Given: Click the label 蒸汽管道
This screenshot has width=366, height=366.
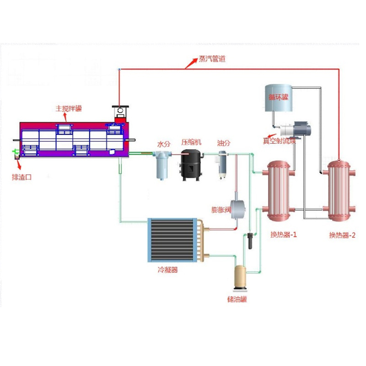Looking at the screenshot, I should pyautogui.click(x=212, y=59).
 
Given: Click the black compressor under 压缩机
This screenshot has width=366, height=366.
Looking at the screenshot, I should pyautogui.click(x=192, y=164).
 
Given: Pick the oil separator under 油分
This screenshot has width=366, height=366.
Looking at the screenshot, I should pyautogui.click(x=223, y=164).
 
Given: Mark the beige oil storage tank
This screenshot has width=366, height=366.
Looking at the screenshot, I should pyautogui.click(x=241, y=277).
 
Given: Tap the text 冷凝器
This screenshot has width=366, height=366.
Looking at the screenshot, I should pyautogui.click(x=167, y=270).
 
